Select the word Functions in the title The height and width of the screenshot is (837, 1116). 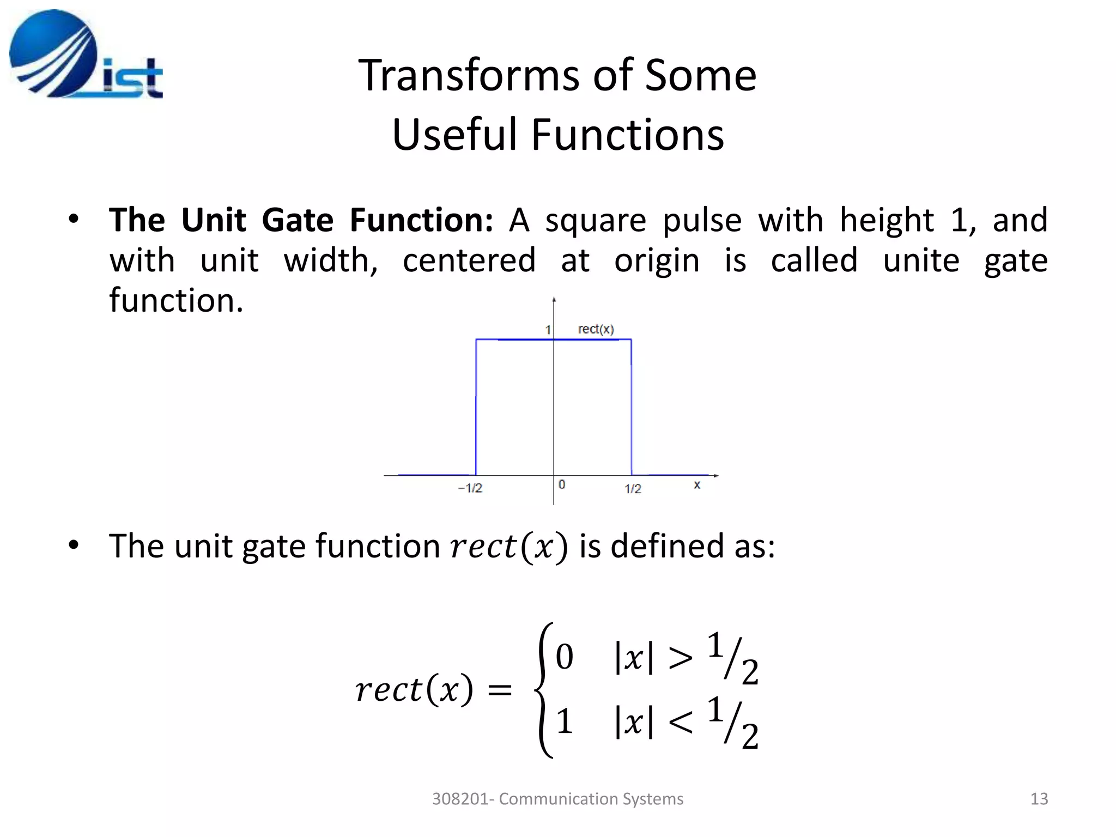(627, 135)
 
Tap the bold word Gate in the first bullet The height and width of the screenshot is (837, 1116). (297, 220)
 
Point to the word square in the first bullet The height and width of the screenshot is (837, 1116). (596, 220)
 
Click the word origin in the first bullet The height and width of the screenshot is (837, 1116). (657, 260)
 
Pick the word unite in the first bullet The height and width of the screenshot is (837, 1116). (921, 260)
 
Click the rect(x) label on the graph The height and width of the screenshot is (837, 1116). (596, 329)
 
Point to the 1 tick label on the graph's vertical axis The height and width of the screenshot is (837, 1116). (548, 330)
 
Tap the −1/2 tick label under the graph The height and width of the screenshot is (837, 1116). (470, 488)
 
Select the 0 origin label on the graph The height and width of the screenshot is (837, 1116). (562, 484)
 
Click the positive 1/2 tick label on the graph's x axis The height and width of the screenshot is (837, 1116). (633, 489)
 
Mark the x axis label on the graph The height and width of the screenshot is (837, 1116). (697, 484)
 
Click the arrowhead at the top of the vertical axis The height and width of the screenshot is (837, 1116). (554, 300)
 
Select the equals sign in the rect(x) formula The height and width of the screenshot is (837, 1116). (500, 690)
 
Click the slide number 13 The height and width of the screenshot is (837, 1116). (1039, 799)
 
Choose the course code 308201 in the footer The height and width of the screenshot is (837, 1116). (460, 799)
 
